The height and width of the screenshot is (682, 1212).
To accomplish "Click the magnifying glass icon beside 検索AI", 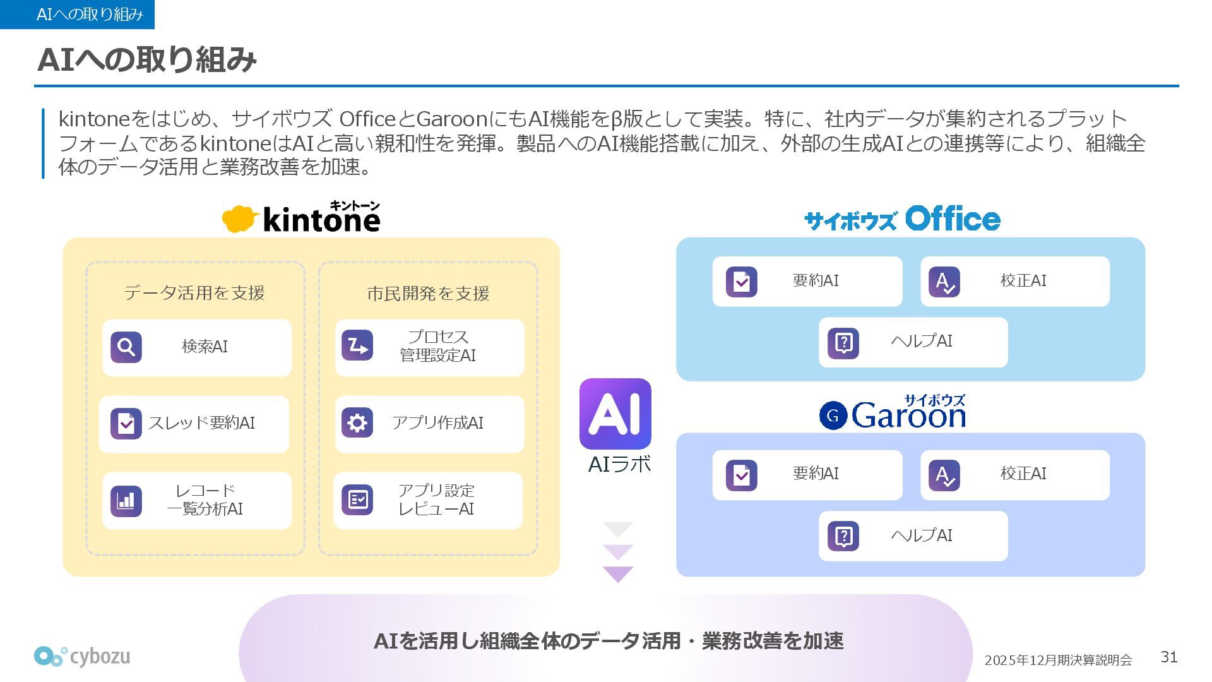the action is pyautogui.click(x=126, y=347).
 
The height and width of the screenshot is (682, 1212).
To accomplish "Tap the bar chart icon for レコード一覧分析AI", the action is pyautogui.click(x=126, y=501).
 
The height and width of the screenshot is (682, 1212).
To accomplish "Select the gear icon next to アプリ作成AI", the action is pyautogui.click(x=357, y=422).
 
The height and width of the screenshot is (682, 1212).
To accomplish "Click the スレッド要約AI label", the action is pyautogui.click(x=201, y=423).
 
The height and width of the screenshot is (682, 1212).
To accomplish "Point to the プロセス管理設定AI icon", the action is pyautogui.click(x=357, y=345).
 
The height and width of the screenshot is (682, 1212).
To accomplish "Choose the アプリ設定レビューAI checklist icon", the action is pyautogui.click(x=357, y=500).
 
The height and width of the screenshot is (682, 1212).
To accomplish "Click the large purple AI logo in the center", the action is pyautogui.click(x=615, y=414).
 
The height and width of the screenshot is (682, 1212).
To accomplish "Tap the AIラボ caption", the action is pyautogui.click(x=619, y=465).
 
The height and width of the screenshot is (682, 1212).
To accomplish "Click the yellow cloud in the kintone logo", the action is pyautogui.click(x=239, y=218).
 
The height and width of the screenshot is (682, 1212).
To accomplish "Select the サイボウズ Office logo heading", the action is pyautogui.click(x=902, y=219).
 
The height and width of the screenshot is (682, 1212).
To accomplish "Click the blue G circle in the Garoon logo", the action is pyautogui.click(x=833, y=416).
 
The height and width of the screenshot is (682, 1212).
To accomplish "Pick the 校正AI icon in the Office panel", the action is pyautogui.click(x=944, y=282).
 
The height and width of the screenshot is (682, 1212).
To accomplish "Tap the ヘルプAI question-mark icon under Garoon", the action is pyautogui.click(x=843, y=536).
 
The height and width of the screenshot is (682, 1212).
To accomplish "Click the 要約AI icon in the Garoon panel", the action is pyautogui.click(x=742, y=475).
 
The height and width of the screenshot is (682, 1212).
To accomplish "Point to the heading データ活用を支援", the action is pyautogui.click(x=194, y=293).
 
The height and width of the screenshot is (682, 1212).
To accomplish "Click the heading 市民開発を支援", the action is pyautogui.click(x=428, y=294).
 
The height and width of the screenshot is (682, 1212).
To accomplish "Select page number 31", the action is pyautogui.click(x=1169, y=657).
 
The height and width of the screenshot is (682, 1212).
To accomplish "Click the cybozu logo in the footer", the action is pyautogui.click(x=82, y=657).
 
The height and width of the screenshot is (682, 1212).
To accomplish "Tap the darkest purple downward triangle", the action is pyautogui.click(x=618, y=574).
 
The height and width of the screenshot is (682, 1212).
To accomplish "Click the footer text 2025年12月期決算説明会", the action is pyautogui.click(x=1058, y=660).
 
